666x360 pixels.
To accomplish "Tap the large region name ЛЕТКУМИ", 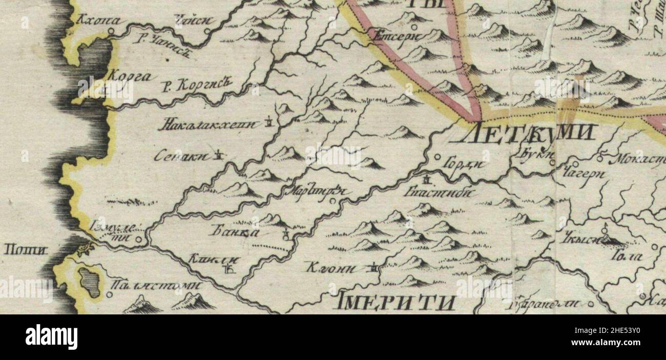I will pos(529,134).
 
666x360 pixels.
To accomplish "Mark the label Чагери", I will pos(584,174).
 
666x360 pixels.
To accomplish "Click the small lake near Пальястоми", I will pos(89,282).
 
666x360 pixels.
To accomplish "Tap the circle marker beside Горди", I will pos(438,158).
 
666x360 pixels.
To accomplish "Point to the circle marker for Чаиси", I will pos(207,31).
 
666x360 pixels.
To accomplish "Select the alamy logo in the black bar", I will pos(52,337).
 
